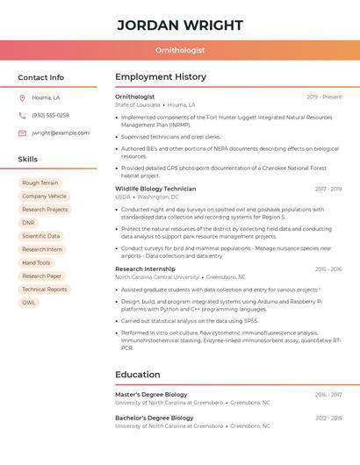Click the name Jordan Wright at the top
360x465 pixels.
coord(179,25)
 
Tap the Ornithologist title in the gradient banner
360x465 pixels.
coord(179,51)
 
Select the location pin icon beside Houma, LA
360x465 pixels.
coord(22,98)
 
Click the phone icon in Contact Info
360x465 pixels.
coord(22,116)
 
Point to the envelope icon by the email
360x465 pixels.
coord(22,133)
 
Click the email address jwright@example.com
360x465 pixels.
coord(61,133)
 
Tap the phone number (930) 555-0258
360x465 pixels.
coord(50,116)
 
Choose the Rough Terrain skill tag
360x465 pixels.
coord(40,183)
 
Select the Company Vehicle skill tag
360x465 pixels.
coord(45,197)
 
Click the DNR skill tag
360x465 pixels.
coord(29,223)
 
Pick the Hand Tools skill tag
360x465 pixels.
coord(36,263)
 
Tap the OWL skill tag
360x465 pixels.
coord(29,303)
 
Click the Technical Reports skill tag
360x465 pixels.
coord(45,290)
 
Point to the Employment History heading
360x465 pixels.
coord(161,77)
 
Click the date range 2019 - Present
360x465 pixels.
coord(324,97)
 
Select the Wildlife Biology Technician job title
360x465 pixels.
coord(155,189)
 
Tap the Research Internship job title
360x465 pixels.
coord(145,269)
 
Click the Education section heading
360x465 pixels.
coord(138,375)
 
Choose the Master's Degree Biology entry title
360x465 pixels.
coord(151,395)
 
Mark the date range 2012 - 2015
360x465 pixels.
coord(328,418)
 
